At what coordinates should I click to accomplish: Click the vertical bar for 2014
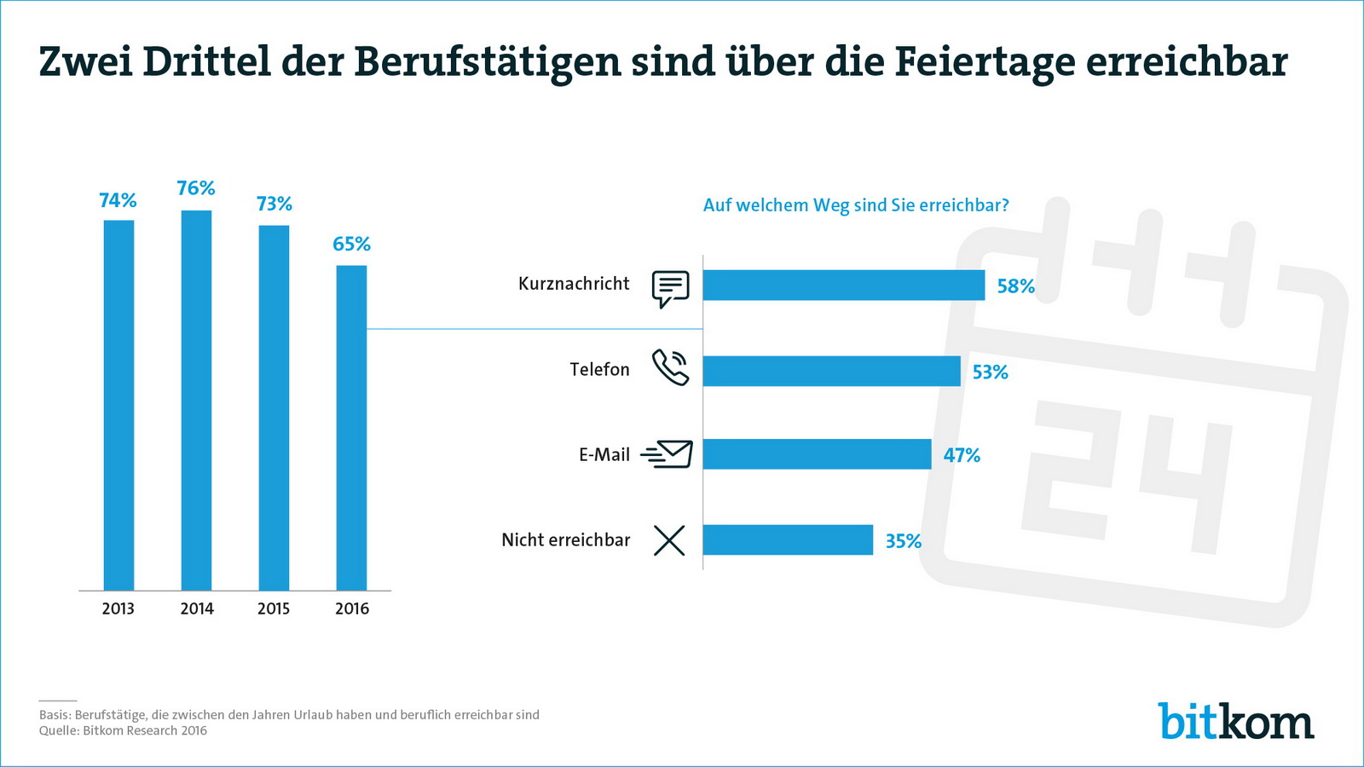pyautogui.click(x=196, y=401)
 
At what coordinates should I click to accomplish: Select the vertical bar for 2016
pyautogui.click(x=351, y=428)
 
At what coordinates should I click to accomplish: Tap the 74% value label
pyautogui.click(x=118, y=200)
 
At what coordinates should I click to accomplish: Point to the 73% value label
pyautogui.click(x=275, y=204)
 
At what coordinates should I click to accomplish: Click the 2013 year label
pyautogui.click(x=118, y=608)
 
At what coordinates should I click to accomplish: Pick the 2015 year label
pyautogui.click(x=274, y=608)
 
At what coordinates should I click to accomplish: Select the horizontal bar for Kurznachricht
pyautogui.click(x=843, y=285)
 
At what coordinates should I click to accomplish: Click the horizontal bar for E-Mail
pyautogui.click(x=817, y=454)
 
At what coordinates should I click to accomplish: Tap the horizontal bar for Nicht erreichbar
pyautogui.click(x=788, y=540)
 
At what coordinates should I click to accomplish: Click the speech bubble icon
pyautogui.click(x=670, y=288)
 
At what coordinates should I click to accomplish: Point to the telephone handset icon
pyautogui.click(x=670, y=368)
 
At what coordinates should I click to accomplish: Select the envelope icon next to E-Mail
pyautogui.click(x=668, y=454)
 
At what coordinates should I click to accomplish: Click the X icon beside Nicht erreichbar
pyautogui.click(x=669, y=540)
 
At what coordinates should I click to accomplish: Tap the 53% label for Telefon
pyautogui.click(x=990, y=372)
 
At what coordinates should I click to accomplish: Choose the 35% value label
pyautogui.click(x=903, y=541)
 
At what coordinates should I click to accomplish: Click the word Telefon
pyautogui.click(x=599, y=370)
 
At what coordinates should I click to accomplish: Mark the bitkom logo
pyautogui.click(x=1235, y=722)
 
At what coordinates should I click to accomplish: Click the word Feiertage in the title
pyautogui.click(x=984, y=61)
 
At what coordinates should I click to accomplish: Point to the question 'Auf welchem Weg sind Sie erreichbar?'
pyautogui.click(x=856, y=205)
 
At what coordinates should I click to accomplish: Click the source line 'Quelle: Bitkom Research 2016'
pyautogui.click(x=123, y=730)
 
